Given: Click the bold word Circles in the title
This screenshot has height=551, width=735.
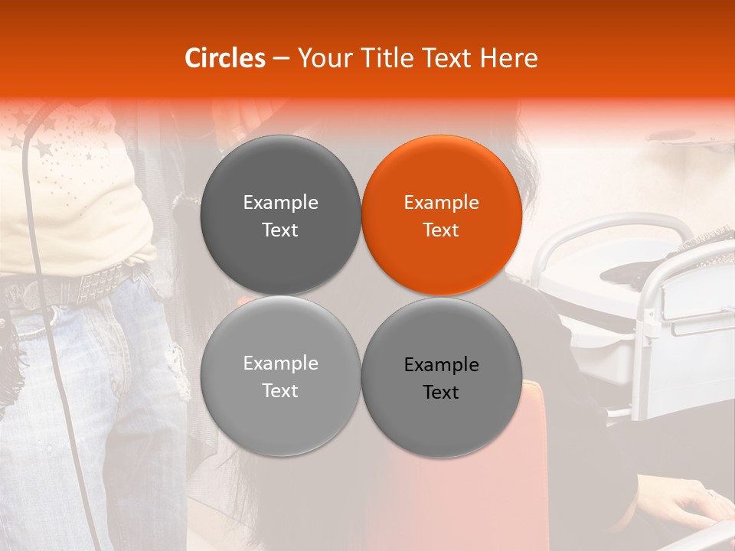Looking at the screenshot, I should pyautogui.click(x=225, y=57).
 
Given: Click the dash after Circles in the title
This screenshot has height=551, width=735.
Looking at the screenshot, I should pyautogui.click(x=281, y=59).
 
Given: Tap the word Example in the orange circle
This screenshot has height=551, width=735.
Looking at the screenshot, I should pyautogui.click(x=441, y=203).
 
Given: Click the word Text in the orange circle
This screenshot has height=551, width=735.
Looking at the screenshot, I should pyautogui.click(x=441, y=230).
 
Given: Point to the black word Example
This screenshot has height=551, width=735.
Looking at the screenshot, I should pyautogui.click(x=441, y=365).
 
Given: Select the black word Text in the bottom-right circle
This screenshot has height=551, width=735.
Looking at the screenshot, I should pyautogui.click(x=441, y=393).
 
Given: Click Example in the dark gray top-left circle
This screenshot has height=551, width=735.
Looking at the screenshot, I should pyautogui.click(x=280, y=203).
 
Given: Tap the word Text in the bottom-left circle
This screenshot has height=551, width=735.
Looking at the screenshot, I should pyautogui.click(x=280, y=391).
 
